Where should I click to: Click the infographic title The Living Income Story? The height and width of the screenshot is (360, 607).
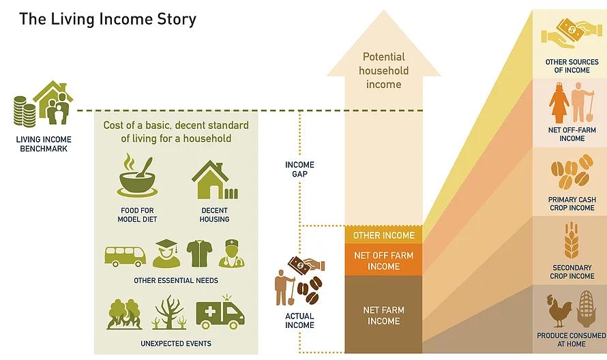coord(108,18)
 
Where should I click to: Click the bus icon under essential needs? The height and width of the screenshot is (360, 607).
coord(125,256)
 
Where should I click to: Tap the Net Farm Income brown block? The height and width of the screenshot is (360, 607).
coord(383,315)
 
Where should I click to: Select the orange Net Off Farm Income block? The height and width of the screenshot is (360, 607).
coord(383,260)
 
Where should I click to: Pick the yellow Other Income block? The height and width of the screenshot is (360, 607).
coord(383,235)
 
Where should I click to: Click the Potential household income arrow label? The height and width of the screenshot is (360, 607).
coord(383,71)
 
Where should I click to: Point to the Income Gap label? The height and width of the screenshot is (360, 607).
coord(299,169)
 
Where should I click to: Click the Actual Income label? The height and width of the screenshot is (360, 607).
coord(299,320)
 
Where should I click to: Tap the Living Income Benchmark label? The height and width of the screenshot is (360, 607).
coord(43,144)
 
